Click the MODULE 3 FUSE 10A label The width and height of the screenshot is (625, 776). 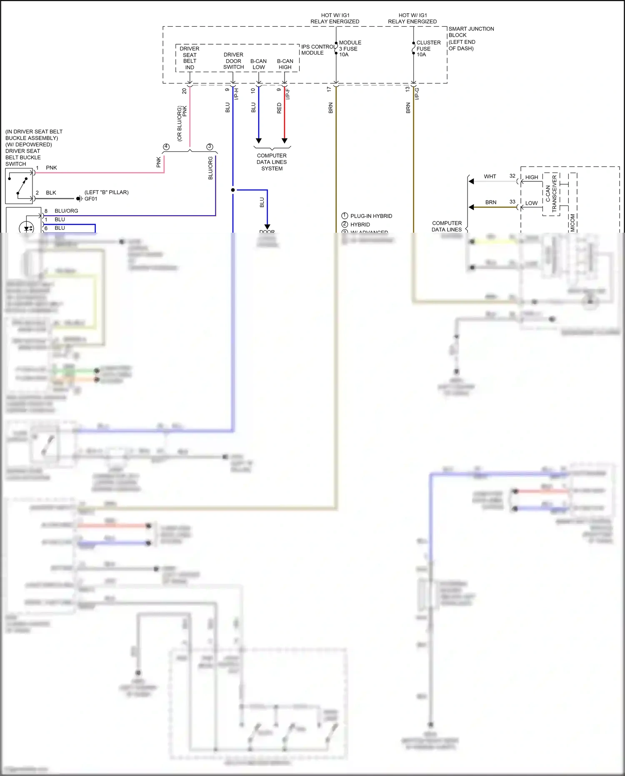pos(350,48)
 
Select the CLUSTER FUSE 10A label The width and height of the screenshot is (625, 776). pos(428,48)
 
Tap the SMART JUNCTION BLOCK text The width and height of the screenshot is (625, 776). pos(471,32)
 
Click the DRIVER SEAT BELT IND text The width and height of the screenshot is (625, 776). pos(190,58)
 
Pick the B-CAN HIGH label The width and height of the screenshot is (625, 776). pos(285,64)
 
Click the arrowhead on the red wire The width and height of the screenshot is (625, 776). pos(285,141)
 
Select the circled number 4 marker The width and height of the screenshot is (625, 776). pos(166,147)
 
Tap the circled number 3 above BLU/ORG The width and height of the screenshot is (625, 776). pos(210,147)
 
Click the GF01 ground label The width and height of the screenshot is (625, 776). pos(91,199)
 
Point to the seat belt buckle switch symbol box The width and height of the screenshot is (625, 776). pos(19,186)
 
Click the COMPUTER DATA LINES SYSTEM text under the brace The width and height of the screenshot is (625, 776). pos(272,162)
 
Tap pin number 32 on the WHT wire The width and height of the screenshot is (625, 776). pos(512,176)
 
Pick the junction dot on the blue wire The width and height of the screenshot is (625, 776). pos(233,190)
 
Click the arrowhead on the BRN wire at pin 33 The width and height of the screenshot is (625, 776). pos(471,207)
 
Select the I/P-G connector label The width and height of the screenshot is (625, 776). pos(417,93)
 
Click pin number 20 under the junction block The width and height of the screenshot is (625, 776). pos(184,91)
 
